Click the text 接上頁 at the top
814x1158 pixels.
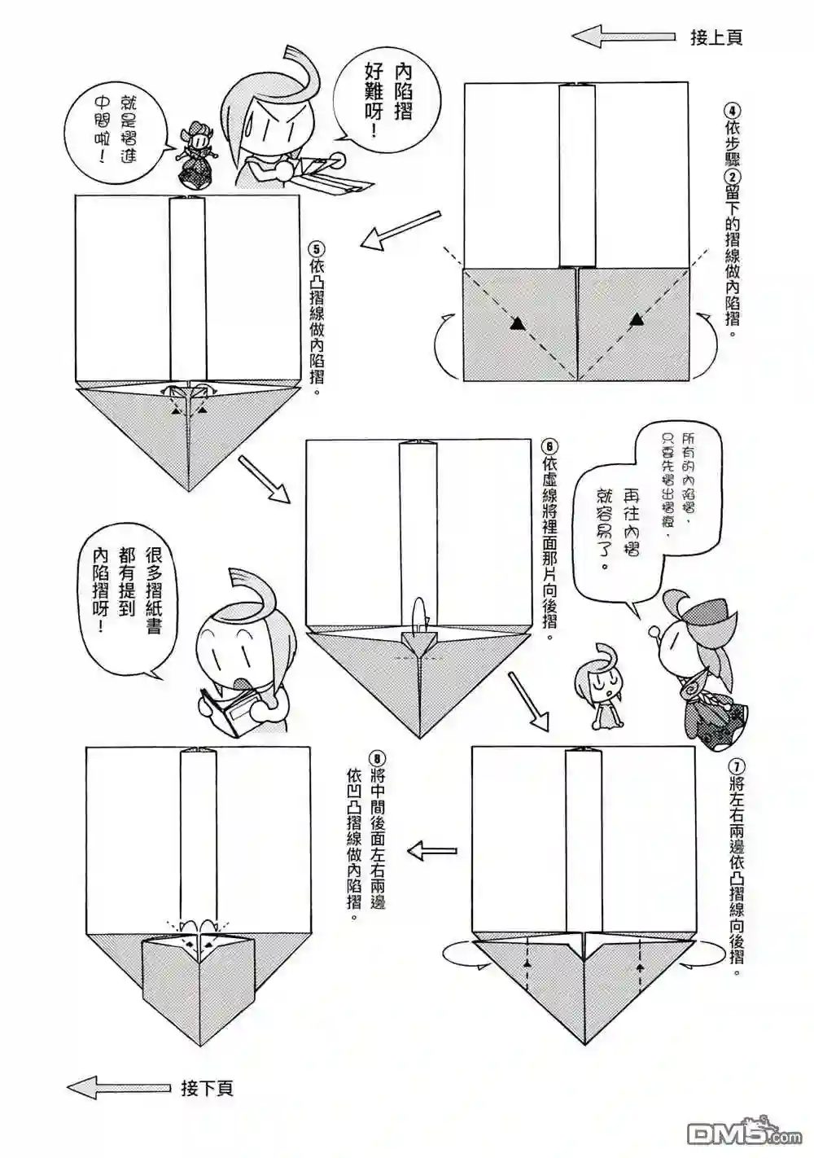(716, 37)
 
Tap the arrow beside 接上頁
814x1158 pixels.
(624, 37)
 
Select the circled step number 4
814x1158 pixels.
(733, 111)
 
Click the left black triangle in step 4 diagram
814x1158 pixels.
(516, 324)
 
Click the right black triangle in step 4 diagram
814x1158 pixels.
(637, 321)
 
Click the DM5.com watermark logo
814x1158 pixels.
(744, 1131)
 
